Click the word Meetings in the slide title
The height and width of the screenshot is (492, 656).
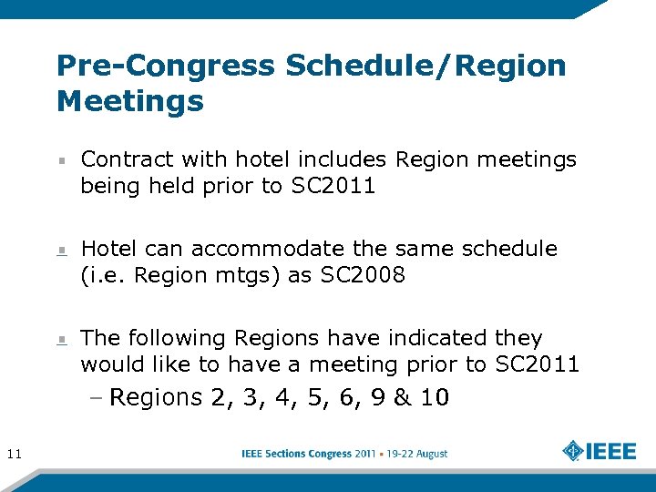(129, 101)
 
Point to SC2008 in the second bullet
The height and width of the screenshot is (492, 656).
(363, 276)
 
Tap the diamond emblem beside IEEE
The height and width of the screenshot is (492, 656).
(572, 452)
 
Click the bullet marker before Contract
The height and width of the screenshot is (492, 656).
(60, 159)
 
